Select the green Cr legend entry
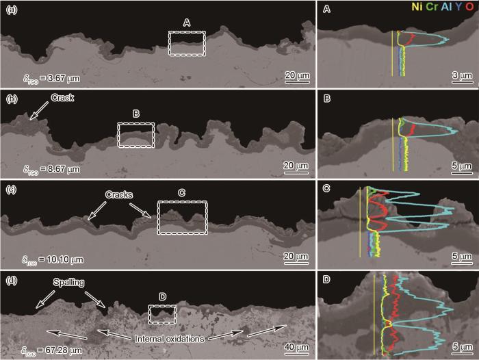tap(432, 7)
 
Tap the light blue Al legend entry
tap(446, 7)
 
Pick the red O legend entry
tap(470, 7)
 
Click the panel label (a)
tap(12, 10)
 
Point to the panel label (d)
tap(12, 280)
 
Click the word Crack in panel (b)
tap(62, 98)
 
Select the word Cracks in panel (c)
tap(119, 194)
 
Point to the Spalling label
tap(68, 283)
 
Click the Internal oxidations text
tap(170, 339)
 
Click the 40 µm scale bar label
tap(296, 347)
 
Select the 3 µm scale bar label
tap(462, 75)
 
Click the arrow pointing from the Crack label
tap(40, 110)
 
